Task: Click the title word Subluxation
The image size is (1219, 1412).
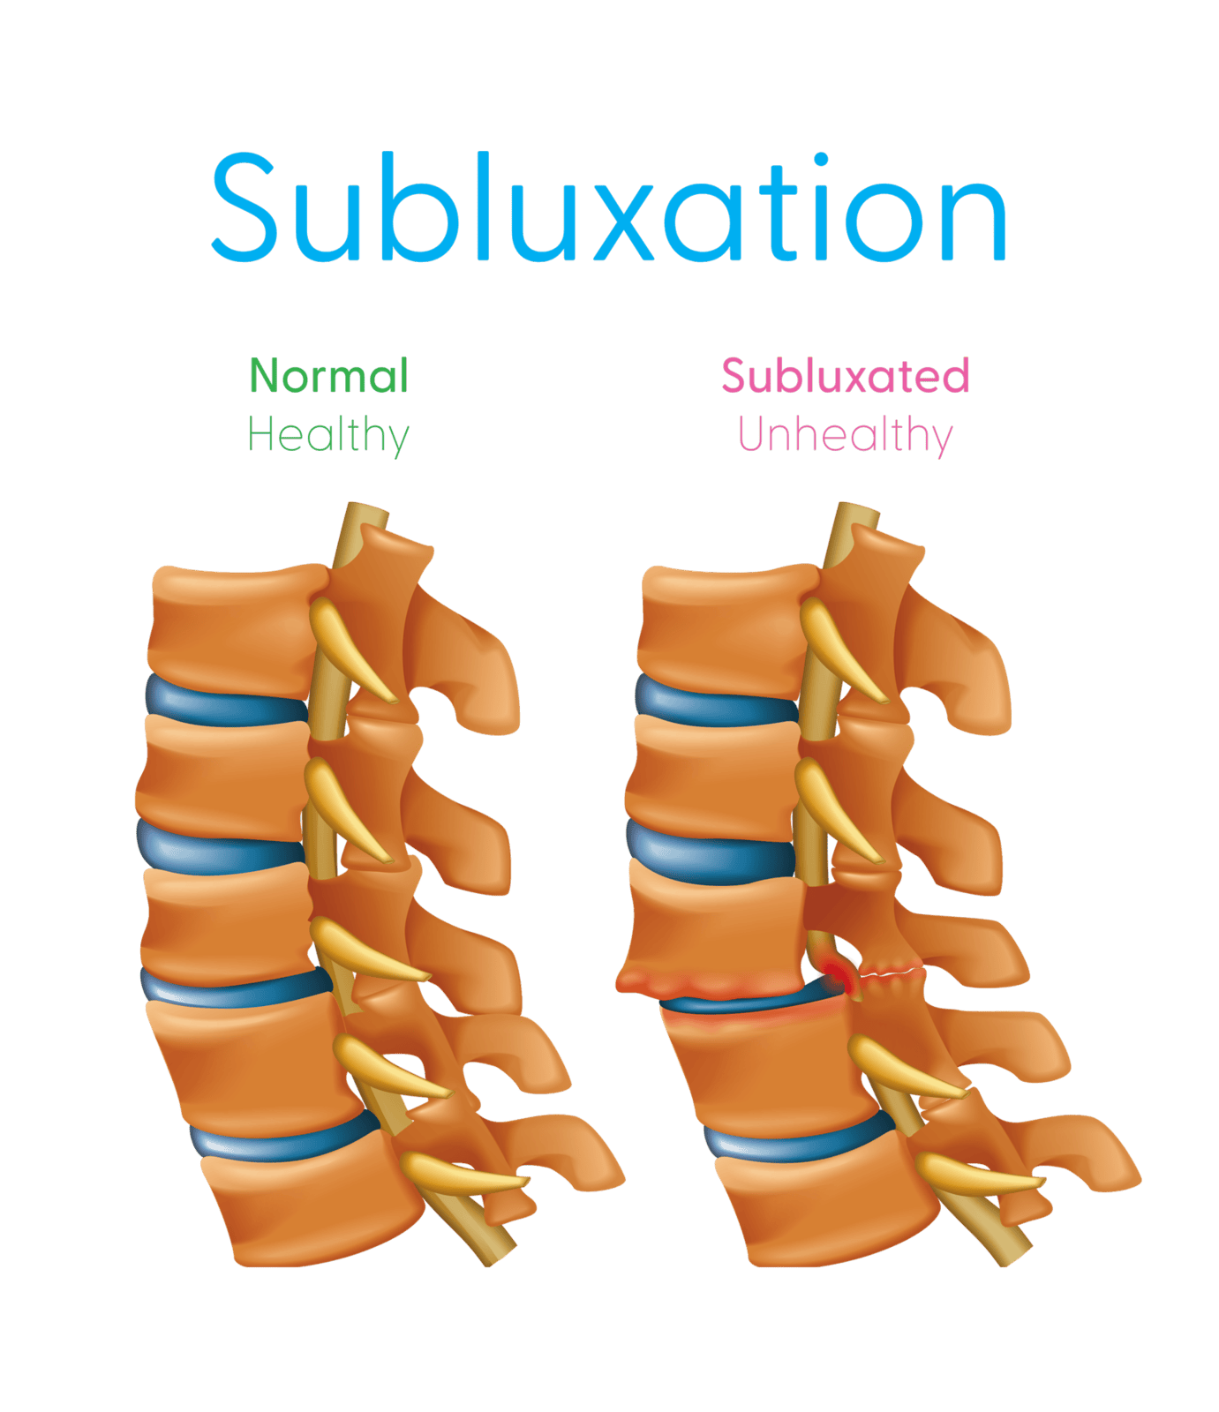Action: pyautogui.click(x=609, y=208)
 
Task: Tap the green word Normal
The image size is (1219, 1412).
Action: pyautogui.click(x=328, y=376)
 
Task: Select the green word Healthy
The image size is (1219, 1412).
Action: pyautogui.click(x=327, y=435)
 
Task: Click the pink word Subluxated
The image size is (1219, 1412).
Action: pyautogui.click(x=846, y=376)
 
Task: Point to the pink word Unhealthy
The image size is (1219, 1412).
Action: pyautogui.click(x=845, y=435)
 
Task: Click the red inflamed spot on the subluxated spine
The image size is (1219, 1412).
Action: pyautogui.click(x=834, y=974)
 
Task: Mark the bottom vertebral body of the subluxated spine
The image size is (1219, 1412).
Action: pyautogui.click(x=825, y=1209)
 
